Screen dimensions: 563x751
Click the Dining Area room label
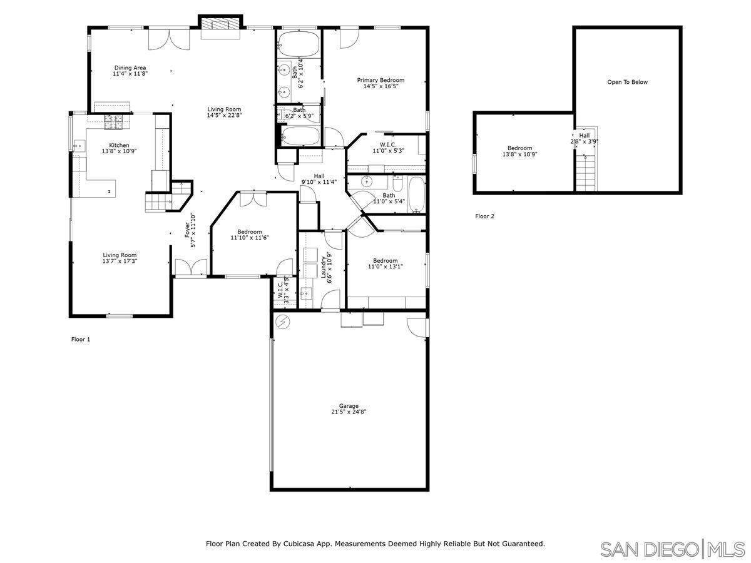click(130, 71)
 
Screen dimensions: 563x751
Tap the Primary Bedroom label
click(381, 83)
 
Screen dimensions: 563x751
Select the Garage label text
click(349, 409)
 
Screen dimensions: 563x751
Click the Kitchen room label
click(119, 148)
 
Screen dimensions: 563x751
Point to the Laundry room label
click(325, 267)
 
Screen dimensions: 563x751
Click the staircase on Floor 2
click(586, 172)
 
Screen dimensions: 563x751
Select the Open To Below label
click(627, 82)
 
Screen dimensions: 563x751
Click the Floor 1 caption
click(81, 339)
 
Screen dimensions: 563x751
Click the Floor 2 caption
click(484, 216)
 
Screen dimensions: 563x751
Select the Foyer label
click(187, 229)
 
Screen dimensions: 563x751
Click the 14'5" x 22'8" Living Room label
click(224, 112)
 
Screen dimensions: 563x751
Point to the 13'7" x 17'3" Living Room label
click(120, 258)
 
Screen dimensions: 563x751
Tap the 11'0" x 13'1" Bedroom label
click(385, 263)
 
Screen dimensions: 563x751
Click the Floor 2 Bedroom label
click(519, 151)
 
